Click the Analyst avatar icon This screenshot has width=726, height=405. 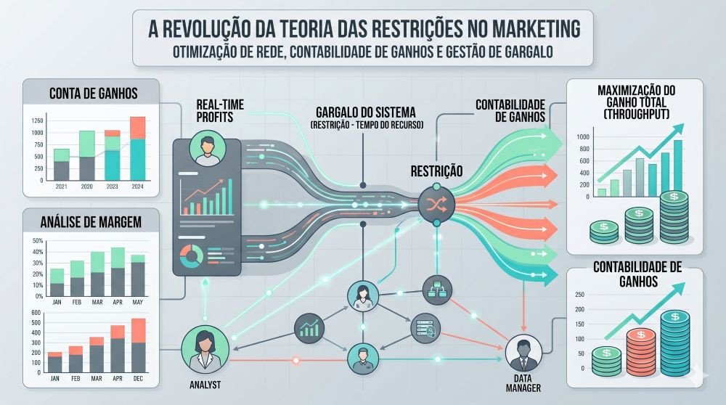(205, 350)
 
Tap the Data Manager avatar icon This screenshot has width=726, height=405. (523, 353)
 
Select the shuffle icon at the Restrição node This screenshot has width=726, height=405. (436, 204)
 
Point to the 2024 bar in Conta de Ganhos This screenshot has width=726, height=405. (137, 149)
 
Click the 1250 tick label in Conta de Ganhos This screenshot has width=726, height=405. (37, 120)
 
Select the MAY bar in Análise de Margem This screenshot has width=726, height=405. (138, 275)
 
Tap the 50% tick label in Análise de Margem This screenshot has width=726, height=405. (38, 241)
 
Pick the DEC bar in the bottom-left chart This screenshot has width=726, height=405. (139, 345)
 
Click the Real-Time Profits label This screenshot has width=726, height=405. (220, 111)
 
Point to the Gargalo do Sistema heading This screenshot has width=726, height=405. (366, 112)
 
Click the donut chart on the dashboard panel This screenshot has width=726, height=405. (191, 256)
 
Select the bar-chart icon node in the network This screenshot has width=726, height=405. (309, 328)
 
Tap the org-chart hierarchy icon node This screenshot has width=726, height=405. (437, 290)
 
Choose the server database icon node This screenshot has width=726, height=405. (425, 328)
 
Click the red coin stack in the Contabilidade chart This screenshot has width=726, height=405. (641, 352)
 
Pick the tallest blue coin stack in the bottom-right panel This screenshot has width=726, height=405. (675, 343)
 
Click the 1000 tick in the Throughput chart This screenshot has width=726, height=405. (583, 137)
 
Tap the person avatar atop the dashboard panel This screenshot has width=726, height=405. (208, 149)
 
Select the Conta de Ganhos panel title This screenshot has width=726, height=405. (94, 94)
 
